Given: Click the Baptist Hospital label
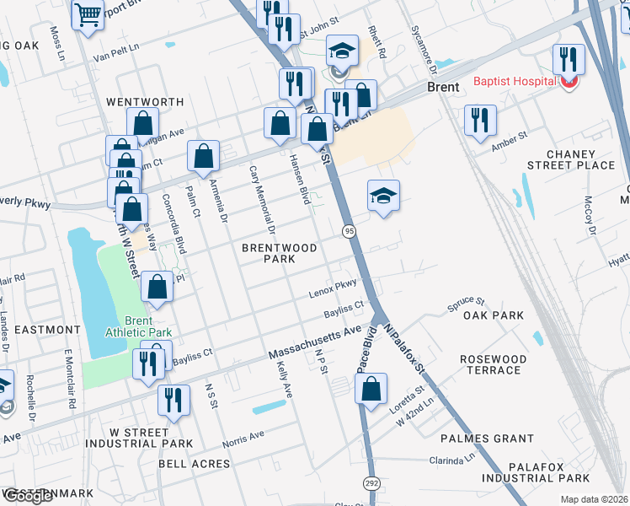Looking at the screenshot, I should click(x=514, y=81).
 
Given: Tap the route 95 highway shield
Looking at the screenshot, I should click(x=348, y=230).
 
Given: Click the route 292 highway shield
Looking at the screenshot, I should click(x=371, y=482).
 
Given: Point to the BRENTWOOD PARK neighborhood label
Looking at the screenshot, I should click(x=280, y=253).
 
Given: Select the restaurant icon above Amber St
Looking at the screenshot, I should click(x=480, y=119).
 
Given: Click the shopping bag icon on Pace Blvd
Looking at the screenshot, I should click(x=371, y=390).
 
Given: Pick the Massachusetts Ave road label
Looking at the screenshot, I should click(x=314, y=342).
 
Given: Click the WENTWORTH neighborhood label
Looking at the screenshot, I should click(x=145, y=102).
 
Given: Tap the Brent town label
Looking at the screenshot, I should click(x=442, y=88).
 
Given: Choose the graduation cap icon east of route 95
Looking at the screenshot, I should click(x=383, y=196).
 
